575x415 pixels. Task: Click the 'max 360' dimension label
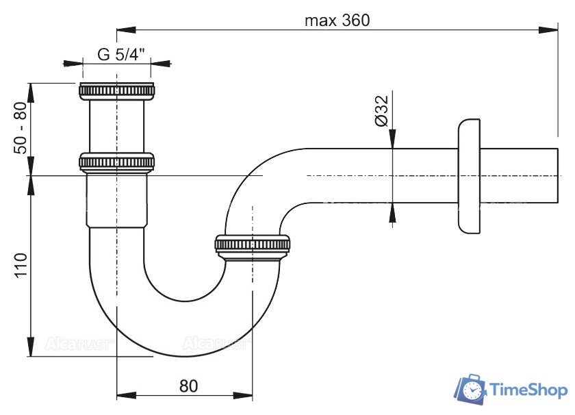[x=337, y=21]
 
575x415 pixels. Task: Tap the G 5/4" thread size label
[x=121, y=55]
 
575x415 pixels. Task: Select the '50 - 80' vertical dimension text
[x=21, y=127]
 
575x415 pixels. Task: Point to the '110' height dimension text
[x=21, y=265]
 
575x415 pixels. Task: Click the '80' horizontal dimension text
[x=188, y=386]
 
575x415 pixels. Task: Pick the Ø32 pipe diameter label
[x=381, y=111]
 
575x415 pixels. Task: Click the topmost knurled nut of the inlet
[x=116, y=91]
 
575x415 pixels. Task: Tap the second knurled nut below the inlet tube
[x=116, y=162]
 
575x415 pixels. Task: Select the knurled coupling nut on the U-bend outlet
[x=253, y=245]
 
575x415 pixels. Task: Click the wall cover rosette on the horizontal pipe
[x=469, y=176]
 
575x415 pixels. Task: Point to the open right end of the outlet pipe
[x=558, y=175]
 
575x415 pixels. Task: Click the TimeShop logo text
[x=528, y=390]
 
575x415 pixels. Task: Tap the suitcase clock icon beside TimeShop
[x=470, y=390]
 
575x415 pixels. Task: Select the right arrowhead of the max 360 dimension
[x=548, y=29]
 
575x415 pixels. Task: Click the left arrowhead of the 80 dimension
[x=127, y=396]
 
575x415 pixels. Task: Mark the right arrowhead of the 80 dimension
[x=243, y=396]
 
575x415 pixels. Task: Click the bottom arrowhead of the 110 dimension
[x=31, y=346]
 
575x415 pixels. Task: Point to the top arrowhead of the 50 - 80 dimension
[x=31, y=93]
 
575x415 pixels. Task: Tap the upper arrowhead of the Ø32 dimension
[x=392, y=139]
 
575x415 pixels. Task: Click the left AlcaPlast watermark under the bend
[x=79, y=344]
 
